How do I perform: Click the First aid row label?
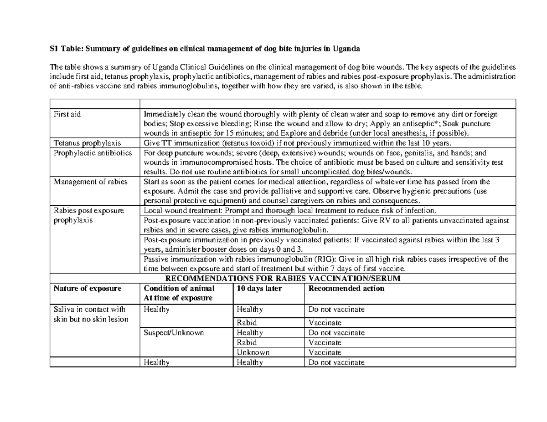67,114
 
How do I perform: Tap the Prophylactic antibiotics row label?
93,153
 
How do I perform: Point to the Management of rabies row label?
90,182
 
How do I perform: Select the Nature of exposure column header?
88,288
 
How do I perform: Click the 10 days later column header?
259,288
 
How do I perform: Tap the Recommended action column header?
346,288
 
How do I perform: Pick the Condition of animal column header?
179,288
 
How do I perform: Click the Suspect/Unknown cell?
171,333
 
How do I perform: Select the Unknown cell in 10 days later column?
253,352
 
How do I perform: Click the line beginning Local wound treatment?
289,210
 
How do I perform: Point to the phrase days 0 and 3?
280,249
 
